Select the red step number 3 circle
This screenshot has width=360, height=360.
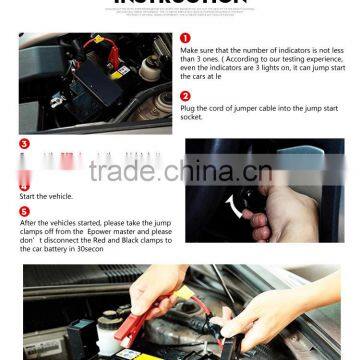tap(24, 144)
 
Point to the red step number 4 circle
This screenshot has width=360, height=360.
tap(24, 186)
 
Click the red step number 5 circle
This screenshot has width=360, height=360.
tap(24, 211)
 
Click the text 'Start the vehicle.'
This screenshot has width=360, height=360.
tap(48, 197)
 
